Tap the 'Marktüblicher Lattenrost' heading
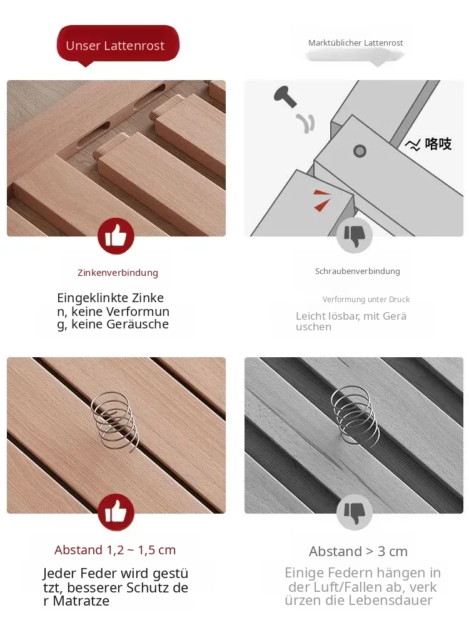coord(355,43)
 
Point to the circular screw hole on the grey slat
coord(360,151)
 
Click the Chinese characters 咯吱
coord(438,144)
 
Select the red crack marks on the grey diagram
coord(322,200)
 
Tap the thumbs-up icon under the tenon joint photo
coord(116,236)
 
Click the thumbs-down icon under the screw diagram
coord(354,235)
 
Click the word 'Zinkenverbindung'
coord(118,273)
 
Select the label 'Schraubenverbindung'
coord(357,271)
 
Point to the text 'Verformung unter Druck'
coord(366,299)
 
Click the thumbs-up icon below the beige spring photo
coord(116,512)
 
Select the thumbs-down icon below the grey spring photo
coord(354,512)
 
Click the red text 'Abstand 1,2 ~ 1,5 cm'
coord(115,550)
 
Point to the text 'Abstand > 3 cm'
coord(358,551)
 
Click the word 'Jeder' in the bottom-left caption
coord(59,574)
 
